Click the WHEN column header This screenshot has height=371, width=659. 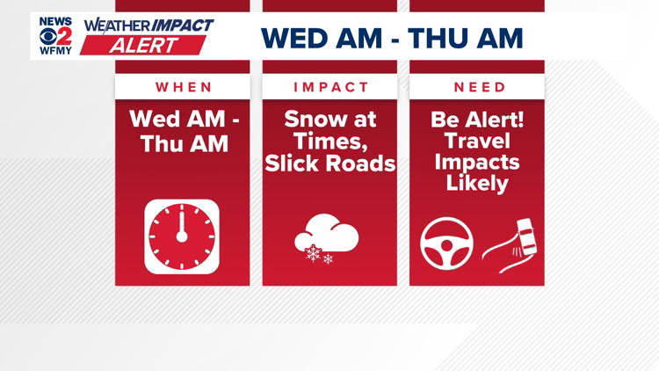pos(184,87)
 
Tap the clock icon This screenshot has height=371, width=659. pos(182,236)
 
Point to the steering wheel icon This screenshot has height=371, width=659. pos(446,244)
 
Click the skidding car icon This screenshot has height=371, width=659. pos(512,242)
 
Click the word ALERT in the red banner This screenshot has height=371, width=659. pos(141,45)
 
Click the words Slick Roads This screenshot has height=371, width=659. pos(329,163)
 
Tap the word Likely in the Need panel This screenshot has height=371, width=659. pos(477,184)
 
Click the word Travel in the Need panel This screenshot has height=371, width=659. pos(477,142)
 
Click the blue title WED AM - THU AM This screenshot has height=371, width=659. pos(391,38)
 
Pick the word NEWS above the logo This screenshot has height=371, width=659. pos(56,21)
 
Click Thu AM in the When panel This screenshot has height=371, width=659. pos(184,142)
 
